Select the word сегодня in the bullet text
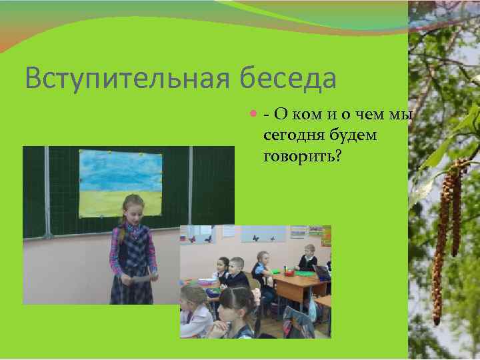(291, 135)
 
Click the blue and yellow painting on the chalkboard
(121, 183)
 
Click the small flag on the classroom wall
(185, 235)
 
